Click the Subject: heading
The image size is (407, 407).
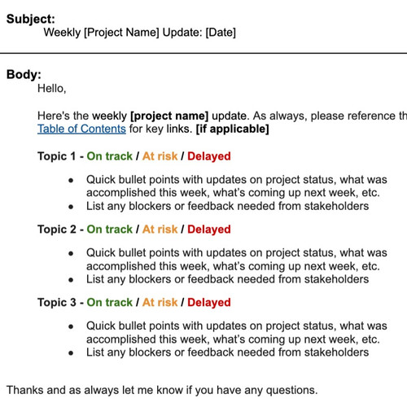click(32, 18)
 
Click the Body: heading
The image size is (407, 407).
click(24, 74)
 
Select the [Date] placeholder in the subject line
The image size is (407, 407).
click(221, 33)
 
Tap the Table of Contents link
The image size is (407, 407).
click(81, 129)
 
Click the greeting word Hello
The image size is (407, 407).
click(51, 88)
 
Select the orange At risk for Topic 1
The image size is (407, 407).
click(160, 156)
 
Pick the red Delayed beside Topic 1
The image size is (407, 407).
click(209, 156)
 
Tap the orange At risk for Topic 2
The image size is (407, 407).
click(160, 230)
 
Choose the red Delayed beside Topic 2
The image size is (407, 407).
click(209, 230)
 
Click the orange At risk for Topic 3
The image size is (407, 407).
click(160, 303)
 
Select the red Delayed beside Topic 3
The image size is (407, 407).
click(209, 303)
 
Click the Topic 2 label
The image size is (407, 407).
click(57, 230)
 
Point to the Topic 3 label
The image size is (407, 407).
click(57, 303)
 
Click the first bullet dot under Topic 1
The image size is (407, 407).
click(72, 180)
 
